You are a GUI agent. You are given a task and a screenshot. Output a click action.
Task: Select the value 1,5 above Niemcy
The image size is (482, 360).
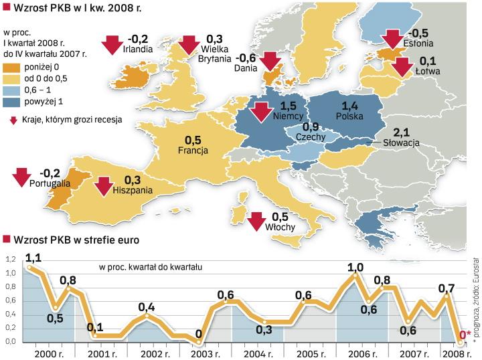tap(289, 106)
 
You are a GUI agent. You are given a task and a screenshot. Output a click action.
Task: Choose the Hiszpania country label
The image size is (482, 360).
tap(133, 189)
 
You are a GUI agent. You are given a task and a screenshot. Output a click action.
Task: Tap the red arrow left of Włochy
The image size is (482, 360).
tap(256, 221)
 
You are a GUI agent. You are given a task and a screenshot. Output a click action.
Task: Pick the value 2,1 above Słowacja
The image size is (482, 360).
tap(402, 132)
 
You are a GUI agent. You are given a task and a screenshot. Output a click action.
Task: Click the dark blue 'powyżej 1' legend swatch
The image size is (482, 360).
tap(11, 102)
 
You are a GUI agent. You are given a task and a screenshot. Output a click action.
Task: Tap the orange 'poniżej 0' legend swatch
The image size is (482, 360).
tap(11, 68)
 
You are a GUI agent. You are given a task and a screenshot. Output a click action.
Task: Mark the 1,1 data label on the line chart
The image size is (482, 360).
tap(33, 256)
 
